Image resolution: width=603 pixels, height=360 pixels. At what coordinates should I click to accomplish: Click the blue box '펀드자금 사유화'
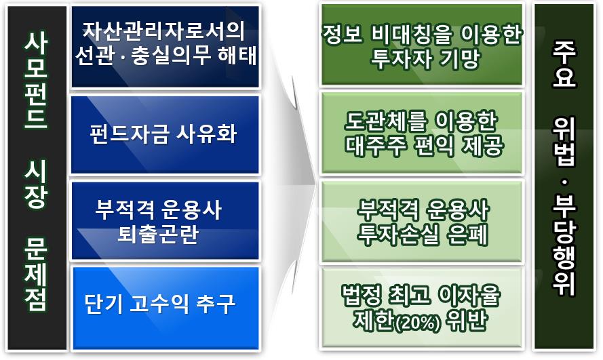[x=165, y=134]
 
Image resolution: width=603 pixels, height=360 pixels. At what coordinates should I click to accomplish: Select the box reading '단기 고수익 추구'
[x=165, y=303]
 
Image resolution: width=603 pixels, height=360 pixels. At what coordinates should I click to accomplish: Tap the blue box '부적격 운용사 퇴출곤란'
[x=165, y=220]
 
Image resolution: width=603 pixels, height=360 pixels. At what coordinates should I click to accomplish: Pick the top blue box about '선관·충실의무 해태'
[x=165, y=45]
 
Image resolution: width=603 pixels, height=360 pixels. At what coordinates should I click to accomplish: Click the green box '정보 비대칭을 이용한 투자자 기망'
[x=422, y=45]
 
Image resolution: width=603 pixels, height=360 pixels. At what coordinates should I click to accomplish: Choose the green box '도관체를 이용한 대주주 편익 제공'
[x=422, y=134]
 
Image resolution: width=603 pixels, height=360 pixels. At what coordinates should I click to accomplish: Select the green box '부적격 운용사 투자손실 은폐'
[x=422, y=220]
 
